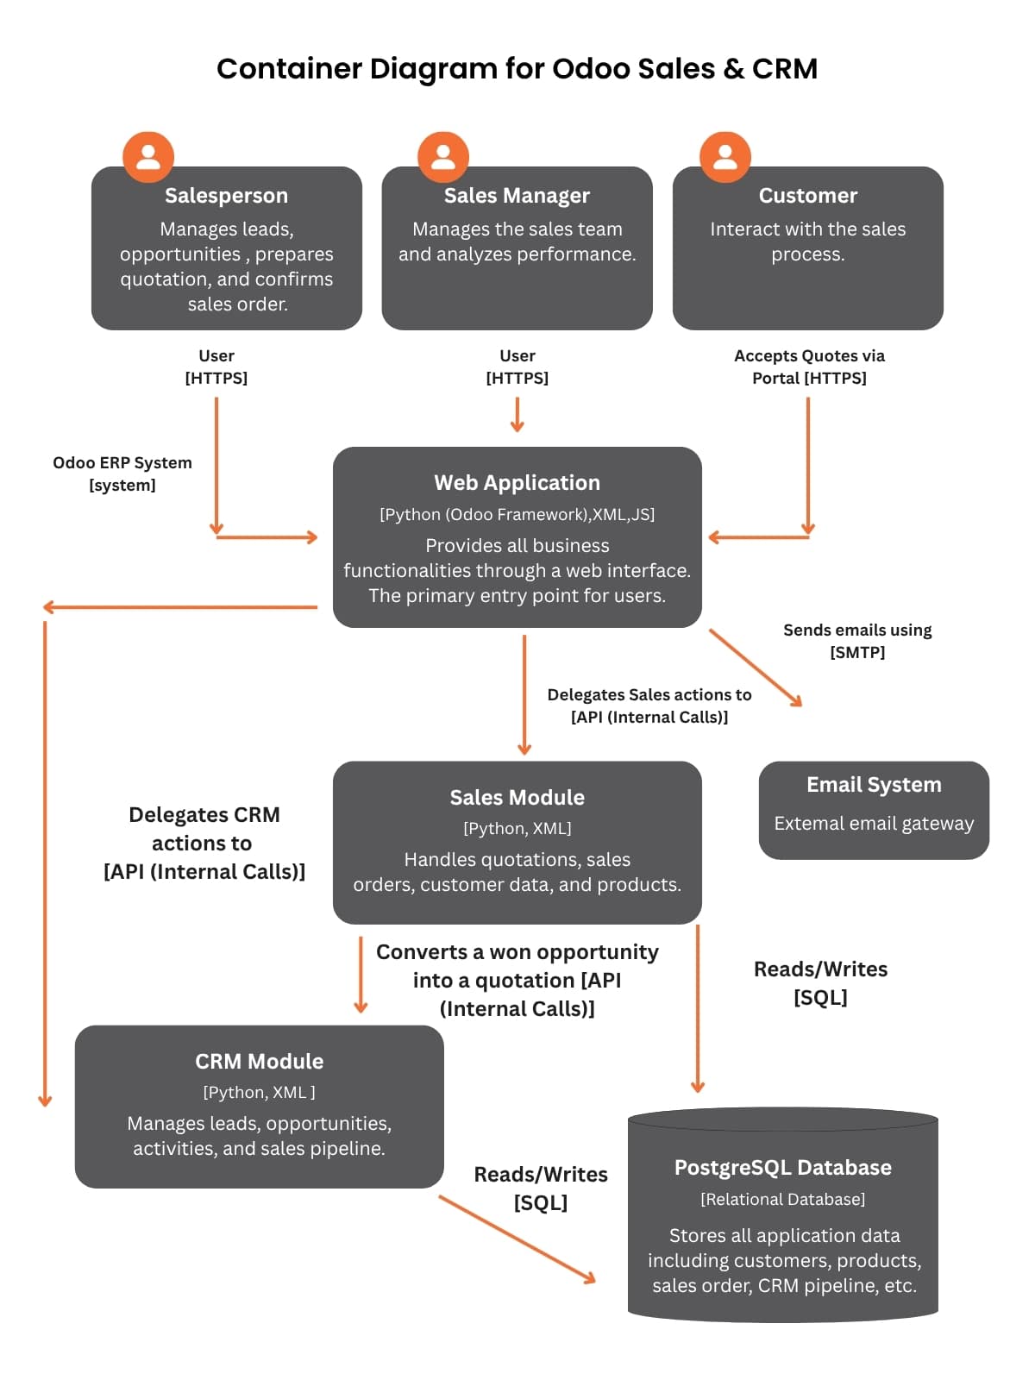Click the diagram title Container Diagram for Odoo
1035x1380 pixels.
tap(517, 69)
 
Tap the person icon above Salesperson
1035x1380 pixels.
tap(148, 157)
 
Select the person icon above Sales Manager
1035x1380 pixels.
tap(443, 157)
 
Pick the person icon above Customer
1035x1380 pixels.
tap(725, 157)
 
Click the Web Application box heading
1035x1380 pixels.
tap(517, 483)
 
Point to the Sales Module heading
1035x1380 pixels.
tap(517, 798)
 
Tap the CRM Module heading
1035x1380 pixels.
tap(259, 1062)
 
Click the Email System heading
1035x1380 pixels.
tap(874, 785)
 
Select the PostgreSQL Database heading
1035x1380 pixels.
tap(782, 1168)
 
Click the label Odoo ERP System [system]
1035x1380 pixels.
tap(122, 474)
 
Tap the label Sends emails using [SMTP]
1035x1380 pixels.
tap(857, 641)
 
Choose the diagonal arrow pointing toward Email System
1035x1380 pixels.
tap(756, 668)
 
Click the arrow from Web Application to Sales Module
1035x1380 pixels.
tap(524, 694)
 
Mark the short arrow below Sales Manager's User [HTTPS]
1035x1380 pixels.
tap(517, 415)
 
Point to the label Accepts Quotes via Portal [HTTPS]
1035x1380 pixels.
tap(809, 367)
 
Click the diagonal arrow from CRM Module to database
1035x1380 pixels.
tap(517, 1239)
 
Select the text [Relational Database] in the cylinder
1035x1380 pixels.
tap(782, 1200)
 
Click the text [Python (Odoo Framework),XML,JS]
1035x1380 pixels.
tap(517, 515)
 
